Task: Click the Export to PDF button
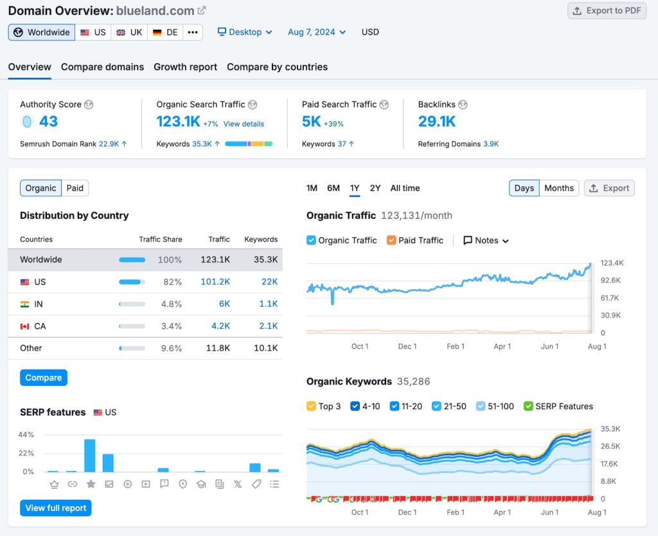tap(607, 11)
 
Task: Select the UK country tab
tap(129, 32)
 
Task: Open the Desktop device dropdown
tap(245, 32)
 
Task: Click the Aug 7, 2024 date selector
tap(317, 32)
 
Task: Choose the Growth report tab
tap(185, 67)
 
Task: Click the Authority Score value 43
tap(48, 121)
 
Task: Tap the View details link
tap(244, 124)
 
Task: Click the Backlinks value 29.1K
tap(437, 121)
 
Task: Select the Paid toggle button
tap(75, 188)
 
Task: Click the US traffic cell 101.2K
tap(215, 282)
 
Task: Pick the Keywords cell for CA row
tap(269, 326)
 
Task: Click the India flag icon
tap(25, 304)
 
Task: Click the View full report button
tap(56, 508)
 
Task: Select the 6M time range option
tap(333, 188)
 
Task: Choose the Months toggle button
tap(558, 188)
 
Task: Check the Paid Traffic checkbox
tap(391, 240)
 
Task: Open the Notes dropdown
tap(486, 240)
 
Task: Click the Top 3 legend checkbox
tap(311, 406)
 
